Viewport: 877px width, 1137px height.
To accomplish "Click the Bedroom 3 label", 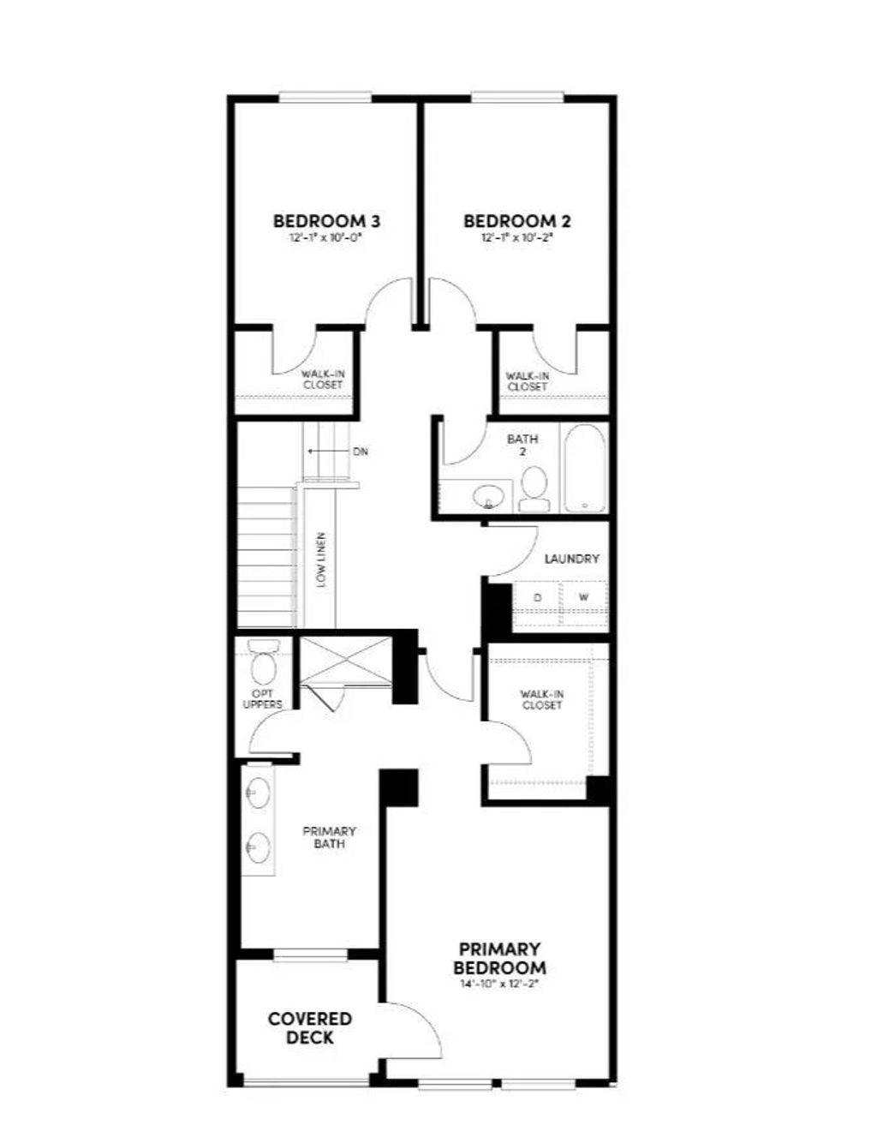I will pyautogui.click(x=326, y=221).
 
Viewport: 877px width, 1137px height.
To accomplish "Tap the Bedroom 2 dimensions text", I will pyautogui.click(x=517, y=239).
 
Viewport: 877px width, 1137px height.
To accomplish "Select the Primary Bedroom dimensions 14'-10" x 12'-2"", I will pyautogui.click(x=501, y=984).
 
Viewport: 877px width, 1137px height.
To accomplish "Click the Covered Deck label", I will pyautogui.click(x=309, y=1027).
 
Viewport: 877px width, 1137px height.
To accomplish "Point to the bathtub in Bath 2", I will pyautogui.click(x=586, y=469).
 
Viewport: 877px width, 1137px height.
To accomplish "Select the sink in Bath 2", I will pyautogui.click(x=489, y=495).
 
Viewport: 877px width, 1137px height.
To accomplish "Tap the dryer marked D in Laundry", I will pyautogui.click(x=537, y=597).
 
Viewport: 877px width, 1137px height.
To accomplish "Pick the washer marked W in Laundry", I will pyautogui.click(x=583, y=597).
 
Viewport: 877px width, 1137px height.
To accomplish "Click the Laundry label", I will pyautogui.click(x=571, y=559).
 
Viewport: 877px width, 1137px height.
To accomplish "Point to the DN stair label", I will pyautogui.click(x=360, y=452).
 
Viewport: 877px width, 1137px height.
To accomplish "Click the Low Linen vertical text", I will pyautogui.click(x=321, y=560).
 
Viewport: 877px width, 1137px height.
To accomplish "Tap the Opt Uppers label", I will pyautogui.click(x=262, y=698).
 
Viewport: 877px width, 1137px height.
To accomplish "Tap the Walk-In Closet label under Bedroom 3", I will pyautogui.click(x=322, y=380).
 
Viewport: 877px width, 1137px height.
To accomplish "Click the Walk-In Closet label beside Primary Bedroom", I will pyautogui.click(x=541, y=699).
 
